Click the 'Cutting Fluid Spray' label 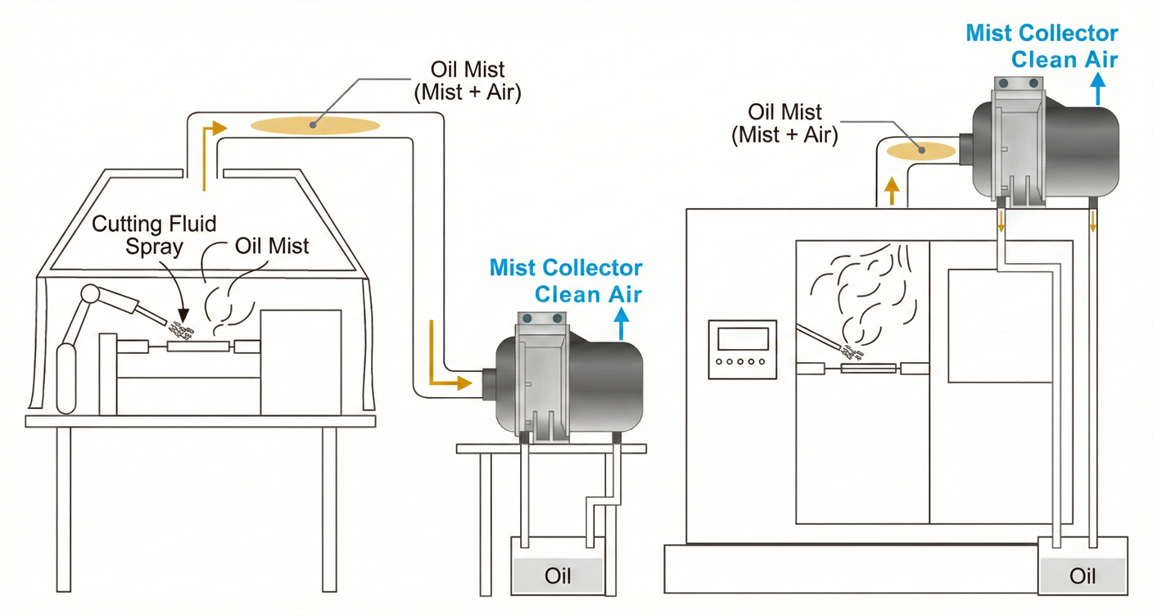[154, 235]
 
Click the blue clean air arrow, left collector [622, 324]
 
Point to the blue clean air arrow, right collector [1098, 88]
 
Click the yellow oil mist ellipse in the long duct [315, 125]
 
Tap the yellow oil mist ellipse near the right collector [921, 151]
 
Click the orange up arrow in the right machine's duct [892, 191]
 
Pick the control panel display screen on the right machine [743, 339]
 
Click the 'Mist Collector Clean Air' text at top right [1042, 47]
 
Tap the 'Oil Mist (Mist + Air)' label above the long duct [468, 81]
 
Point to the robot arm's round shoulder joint [91, 294]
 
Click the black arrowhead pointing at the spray [183, 315]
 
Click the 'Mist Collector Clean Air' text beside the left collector [566, 281]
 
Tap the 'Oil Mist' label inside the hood [272, 246]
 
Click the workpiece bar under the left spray [198, 346]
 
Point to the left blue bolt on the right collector [1003, 83]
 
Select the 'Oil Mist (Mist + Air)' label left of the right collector [784, 124]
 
